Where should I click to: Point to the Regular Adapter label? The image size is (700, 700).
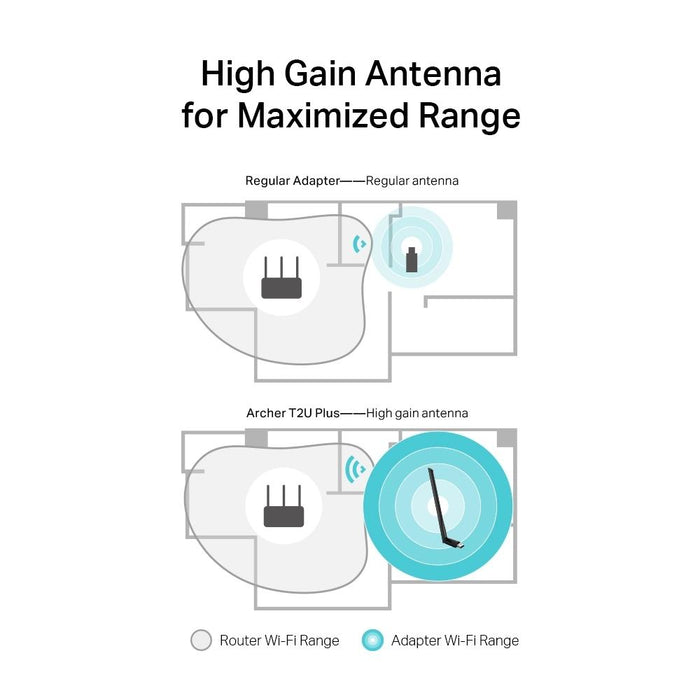290,181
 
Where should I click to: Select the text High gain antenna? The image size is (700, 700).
417,412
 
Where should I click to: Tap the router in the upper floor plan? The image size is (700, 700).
281,279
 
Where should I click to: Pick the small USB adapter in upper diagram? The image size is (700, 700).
411,257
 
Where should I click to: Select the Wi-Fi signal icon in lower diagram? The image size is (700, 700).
354,468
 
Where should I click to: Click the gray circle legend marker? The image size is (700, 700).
200,640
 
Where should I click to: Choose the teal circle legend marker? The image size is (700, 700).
372,640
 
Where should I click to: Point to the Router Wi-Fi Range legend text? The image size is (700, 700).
279,640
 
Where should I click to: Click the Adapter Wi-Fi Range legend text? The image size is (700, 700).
455,640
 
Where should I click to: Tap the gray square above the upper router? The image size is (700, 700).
256,211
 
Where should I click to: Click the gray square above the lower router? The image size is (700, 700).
256,438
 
